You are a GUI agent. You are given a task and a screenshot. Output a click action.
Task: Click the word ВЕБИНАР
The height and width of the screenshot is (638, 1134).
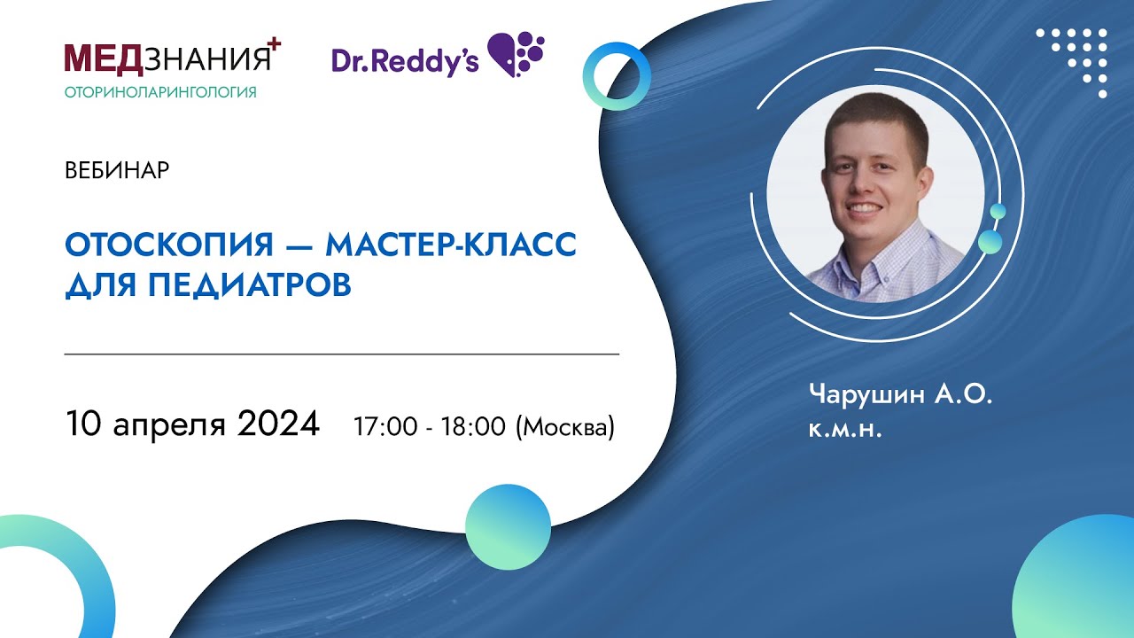117,171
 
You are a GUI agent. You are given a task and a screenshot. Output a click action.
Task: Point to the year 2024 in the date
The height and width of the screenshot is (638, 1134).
278,424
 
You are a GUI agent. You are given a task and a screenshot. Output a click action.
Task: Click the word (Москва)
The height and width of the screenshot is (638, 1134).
564,427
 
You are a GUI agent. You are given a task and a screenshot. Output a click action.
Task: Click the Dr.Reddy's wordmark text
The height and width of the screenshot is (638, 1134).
405,59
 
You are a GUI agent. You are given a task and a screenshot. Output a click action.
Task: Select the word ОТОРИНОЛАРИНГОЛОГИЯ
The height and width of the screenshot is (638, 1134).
160,92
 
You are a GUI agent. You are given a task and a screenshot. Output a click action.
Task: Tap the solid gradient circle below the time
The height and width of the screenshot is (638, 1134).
508,526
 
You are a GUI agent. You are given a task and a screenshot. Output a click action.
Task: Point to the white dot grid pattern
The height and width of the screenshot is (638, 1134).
1077,56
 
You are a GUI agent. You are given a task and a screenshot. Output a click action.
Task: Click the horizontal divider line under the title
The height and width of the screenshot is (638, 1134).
342,354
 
